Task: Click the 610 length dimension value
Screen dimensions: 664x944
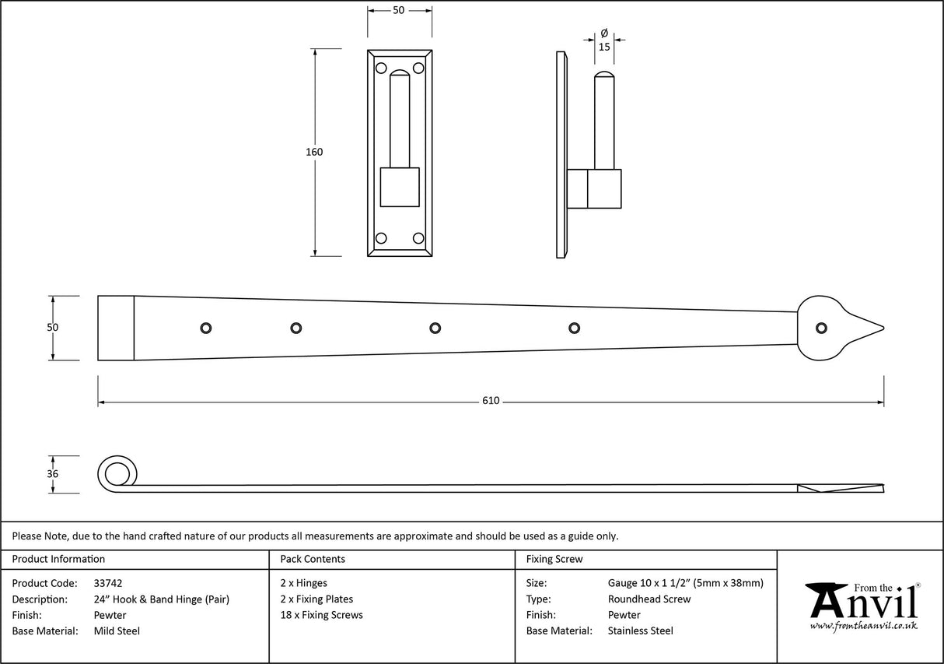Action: point(491,401)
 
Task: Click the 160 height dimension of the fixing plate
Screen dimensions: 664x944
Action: point(313,152)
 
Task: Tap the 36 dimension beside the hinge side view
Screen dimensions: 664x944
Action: point(52,474)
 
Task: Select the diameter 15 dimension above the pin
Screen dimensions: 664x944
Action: point(604,47)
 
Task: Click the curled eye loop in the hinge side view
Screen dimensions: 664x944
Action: point(117,473)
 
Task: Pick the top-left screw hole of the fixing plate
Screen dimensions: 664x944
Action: point(381,69)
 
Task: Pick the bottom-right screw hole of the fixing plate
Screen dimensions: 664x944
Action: point(418,238)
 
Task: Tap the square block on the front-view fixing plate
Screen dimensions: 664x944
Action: point(400,187)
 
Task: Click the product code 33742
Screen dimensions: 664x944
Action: point(107,583)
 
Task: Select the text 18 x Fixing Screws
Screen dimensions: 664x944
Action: point(321,615)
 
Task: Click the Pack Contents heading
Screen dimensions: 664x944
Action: point(313,559)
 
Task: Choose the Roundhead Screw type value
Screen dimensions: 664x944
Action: point(649,599)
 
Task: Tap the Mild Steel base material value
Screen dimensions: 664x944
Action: point(117,631)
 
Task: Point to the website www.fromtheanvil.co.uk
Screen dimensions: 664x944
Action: point(863,625)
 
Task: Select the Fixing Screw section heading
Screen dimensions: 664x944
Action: point(554,559)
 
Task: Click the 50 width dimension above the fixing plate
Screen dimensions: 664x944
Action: point(399,10)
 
